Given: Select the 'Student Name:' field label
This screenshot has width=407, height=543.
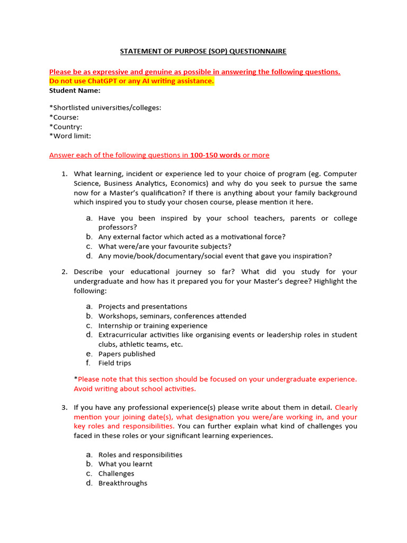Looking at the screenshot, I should [x=75, y=90].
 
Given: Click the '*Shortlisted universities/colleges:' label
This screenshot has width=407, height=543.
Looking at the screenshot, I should [x=105, y=108].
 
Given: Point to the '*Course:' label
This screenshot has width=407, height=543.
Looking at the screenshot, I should [x=64, y=117].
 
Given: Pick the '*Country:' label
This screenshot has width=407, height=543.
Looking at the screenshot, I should [x=66, y=127].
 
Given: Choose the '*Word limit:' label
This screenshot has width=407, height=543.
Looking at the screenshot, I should [x=70, y=136].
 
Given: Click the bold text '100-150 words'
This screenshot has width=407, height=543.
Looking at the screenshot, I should [x=216, y=155].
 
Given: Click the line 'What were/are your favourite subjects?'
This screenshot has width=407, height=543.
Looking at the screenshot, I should [x=165, y=247].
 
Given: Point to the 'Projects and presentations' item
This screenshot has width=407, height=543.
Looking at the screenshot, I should [x=143, y=306].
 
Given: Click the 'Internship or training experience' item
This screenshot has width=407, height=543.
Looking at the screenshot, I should [x=153, y=326].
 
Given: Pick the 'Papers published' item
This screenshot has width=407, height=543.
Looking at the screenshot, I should [x=127, y=354].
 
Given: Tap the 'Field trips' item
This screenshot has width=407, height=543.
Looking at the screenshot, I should [x=114, y=363].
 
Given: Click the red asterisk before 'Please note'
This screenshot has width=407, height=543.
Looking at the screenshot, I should [x=76, y=379].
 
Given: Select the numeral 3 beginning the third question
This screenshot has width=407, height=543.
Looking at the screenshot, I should [x=64, y=408].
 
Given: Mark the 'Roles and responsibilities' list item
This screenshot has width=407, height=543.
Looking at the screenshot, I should [x=140, y=455].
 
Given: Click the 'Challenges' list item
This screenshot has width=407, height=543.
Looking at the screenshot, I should [x=116, y=474].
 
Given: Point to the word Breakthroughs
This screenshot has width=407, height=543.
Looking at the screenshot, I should [x=123, y=483].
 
